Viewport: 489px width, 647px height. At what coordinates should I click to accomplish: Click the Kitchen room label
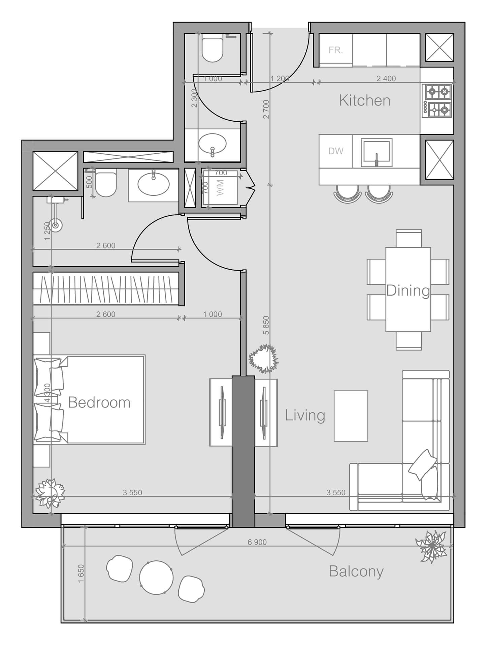click(x=364, y=100)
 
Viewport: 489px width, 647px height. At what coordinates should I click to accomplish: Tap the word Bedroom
click(x=99, y=402)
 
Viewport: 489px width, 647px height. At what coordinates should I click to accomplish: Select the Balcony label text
click(x=356, y=572)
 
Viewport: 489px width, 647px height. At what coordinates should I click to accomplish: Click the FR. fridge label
click(x=335, y=51)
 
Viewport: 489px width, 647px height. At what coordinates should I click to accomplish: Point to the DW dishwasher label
click(x=336, y=151)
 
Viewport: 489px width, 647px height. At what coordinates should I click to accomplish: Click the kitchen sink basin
click(x=376, y=152)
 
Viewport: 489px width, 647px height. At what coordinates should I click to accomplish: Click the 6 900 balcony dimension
click(x=257, y=542)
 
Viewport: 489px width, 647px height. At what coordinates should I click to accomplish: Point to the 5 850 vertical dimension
click(x=266, y=325)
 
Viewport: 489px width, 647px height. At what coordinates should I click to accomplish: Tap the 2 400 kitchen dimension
click(x=386, y=79)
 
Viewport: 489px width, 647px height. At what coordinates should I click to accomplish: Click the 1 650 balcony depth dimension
click(x=80, y=574)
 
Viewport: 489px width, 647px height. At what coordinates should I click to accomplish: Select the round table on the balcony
click(x=156, y=578)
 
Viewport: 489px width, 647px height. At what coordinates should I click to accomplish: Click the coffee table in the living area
click(x=351, y=416)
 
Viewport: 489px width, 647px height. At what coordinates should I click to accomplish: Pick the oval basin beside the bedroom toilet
click(x=154, y=184)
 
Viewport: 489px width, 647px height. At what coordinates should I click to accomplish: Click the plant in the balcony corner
click(x=432, y=546)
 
